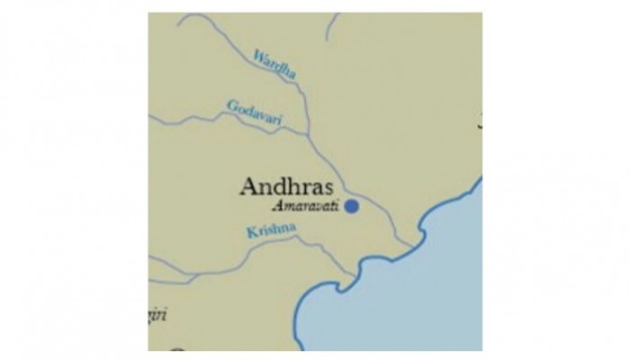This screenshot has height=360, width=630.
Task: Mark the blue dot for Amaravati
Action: click(x=352, y=206)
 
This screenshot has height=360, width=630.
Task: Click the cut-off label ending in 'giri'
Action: click(x=158, y=315)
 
